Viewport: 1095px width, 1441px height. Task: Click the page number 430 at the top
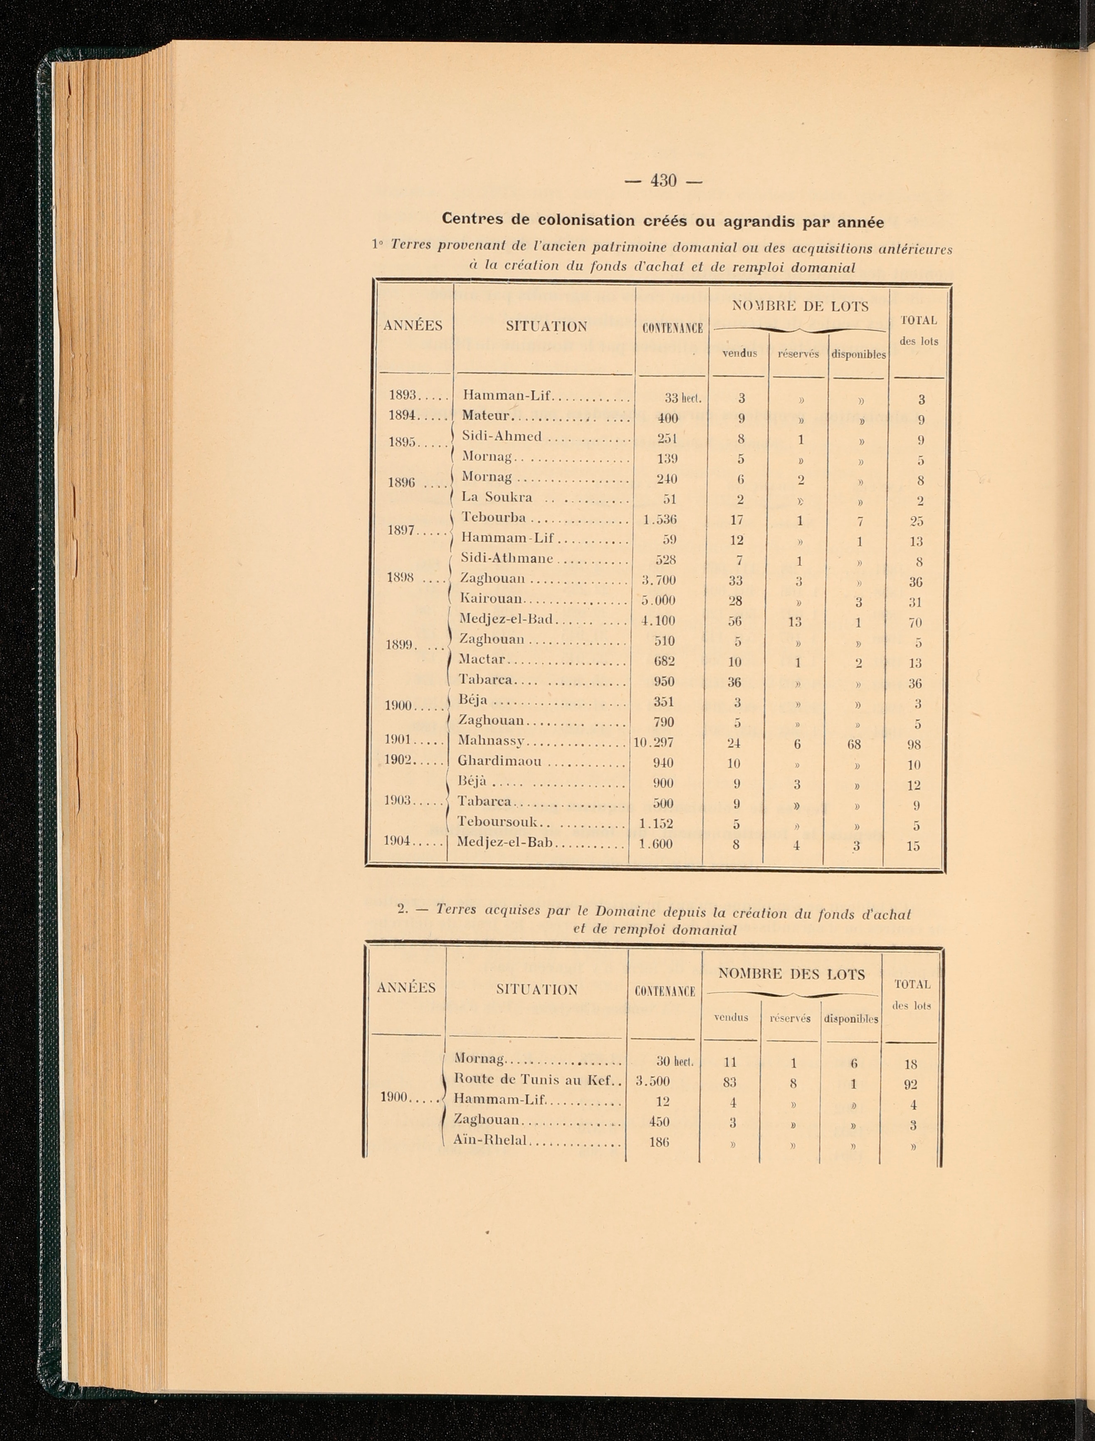click(663, 180)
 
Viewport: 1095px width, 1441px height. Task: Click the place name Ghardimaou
click(500, 762)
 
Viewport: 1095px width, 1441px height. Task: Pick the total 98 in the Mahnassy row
click(915, 744)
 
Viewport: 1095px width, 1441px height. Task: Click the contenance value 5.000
click(658, 600)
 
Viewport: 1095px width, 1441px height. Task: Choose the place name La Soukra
click(497, 498)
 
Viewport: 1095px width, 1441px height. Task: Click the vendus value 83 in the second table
click(729, 1082)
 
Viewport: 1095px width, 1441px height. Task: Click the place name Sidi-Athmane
click(507, 558)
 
